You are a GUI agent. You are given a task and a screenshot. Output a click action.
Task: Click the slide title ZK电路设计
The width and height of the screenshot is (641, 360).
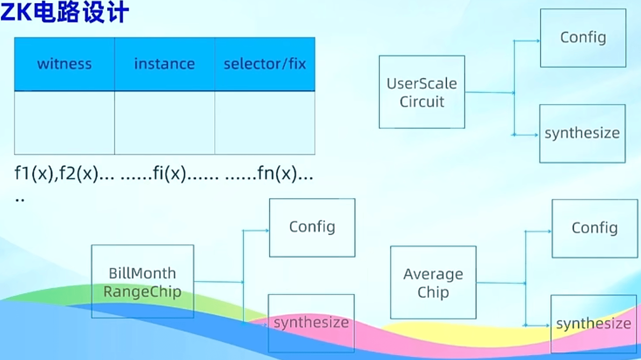click(x=65, y=12)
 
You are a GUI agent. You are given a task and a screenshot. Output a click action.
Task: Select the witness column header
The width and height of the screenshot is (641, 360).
click(x=64, y=64)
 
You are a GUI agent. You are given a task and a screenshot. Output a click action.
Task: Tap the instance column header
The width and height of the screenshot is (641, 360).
click(x=164, y=64)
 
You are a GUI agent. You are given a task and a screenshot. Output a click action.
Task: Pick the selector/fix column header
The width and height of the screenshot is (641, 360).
click(x=265, y=64)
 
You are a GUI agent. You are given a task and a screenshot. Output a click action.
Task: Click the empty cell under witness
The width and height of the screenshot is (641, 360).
click(x=64, y=123)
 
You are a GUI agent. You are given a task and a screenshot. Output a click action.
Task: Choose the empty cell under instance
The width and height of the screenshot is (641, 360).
click(x=164, y=123)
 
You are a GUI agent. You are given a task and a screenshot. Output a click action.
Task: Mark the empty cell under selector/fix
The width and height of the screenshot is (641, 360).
click(x=265, y=123)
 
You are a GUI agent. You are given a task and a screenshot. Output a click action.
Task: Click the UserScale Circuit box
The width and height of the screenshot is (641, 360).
click(x=422, y=92)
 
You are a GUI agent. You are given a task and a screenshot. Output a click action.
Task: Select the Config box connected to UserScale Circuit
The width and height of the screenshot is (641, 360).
click(x=583, y=38)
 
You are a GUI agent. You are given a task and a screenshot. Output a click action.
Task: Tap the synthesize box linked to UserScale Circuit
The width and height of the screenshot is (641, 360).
click(x=582, y=133)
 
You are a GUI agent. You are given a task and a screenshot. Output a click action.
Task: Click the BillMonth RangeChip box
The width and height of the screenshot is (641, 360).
click(x=142, y=281)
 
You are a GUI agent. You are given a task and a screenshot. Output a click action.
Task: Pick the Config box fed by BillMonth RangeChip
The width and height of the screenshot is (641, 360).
click(x=312, y=227)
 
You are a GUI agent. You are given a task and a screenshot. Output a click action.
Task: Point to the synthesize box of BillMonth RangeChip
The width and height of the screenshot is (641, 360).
click(x=311, y=323)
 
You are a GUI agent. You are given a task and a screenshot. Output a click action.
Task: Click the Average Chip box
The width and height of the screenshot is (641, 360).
click(x=433, y=282)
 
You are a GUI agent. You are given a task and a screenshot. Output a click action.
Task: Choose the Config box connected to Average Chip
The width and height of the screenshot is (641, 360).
click(x=595, y=228)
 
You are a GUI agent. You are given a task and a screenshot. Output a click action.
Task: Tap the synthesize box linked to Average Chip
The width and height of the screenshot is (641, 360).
click(x=593, y=324)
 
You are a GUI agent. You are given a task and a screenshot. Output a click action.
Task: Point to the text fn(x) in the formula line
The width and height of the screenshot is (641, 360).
click(x=277, y=173)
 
